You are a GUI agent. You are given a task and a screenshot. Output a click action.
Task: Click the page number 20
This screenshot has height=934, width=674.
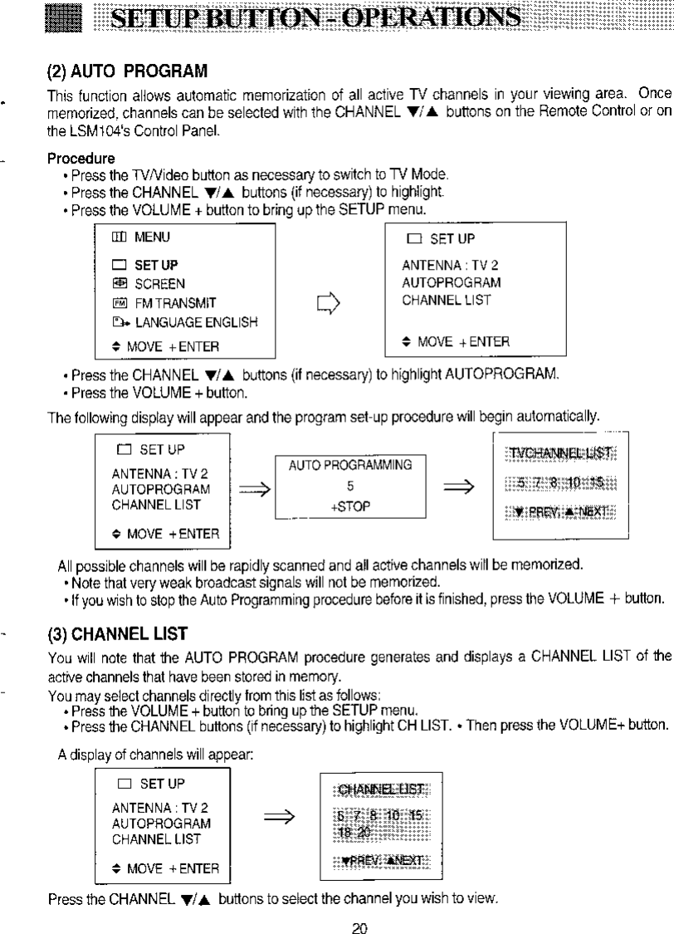click(359, 922)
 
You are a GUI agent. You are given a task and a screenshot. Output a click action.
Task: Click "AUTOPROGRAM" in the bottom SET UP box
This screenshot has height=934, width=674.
click(161, 823)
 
